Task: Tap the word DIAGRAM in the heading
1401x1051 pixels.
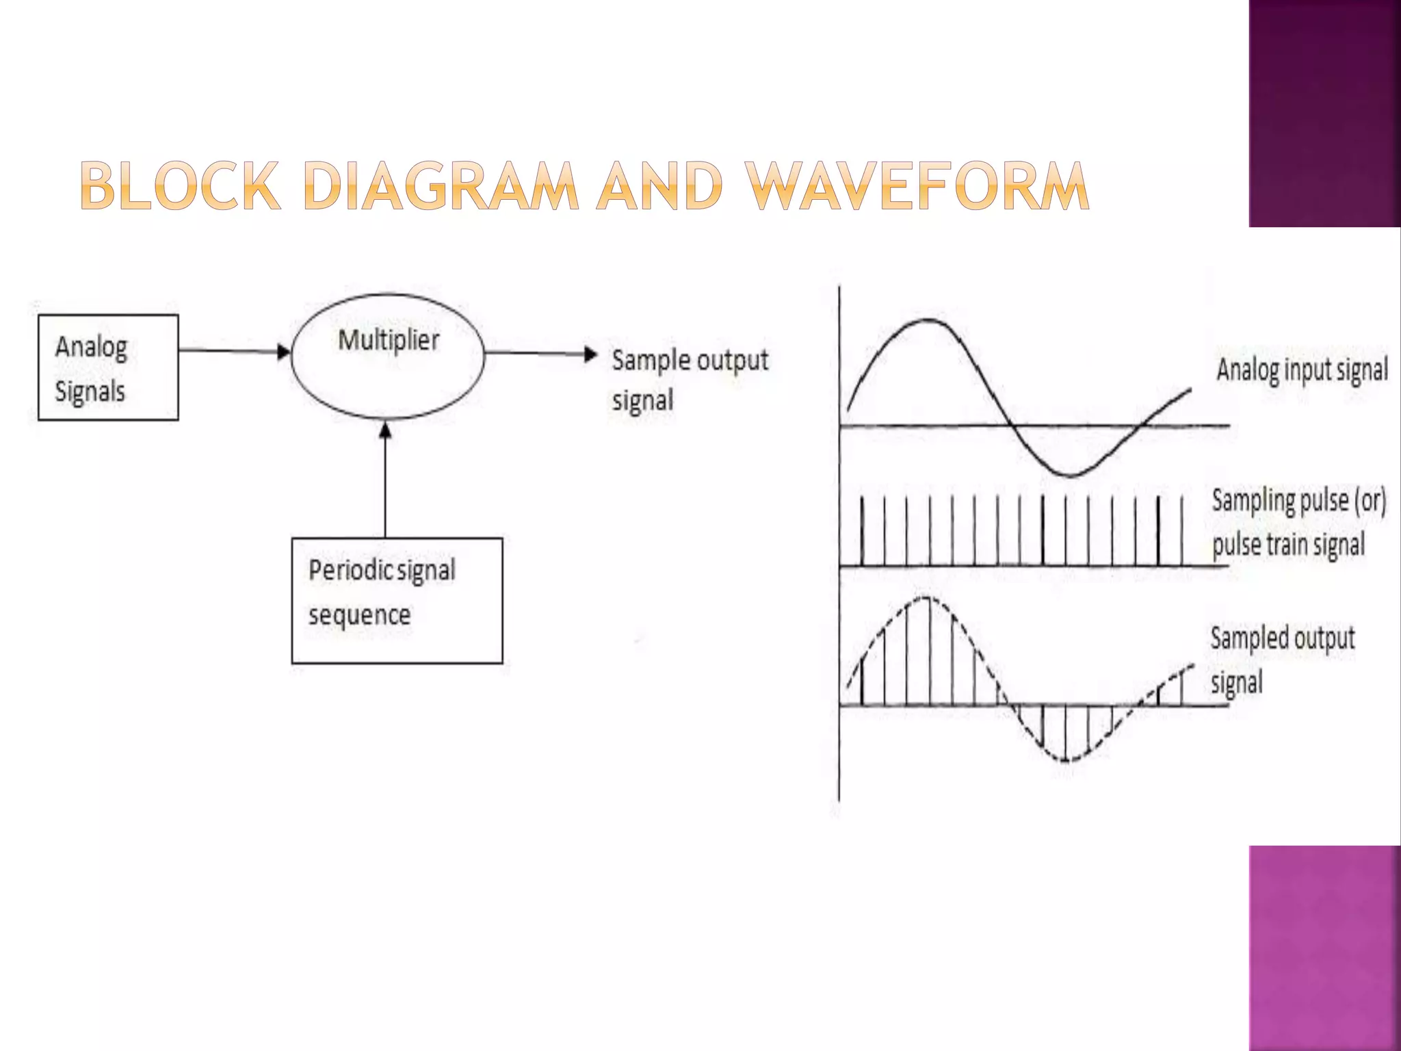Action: point(441,185)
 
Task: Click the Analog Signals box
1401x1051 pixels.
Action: point(108,367)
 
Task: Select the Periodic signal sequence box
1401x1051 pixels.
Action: point(397,600)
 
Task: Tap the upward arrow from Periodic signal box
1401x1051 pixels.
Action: point(385,479)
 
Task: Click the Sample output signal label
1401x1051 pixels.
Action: point(690,380)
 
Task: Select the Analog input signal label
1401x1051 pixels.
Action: point(1302,369)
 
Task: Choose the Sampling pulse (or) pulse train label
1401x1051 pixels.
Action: point(1298,522)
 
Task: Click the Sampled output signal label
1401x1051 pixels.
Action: point(1282,660)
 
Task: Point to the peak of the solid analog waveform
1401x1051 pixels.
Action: point(927,320)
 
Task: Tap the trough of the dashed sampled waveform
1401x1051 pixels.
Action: point(1066,760)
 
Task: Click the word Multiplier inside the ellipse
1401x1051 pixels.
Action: point(389,340)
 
